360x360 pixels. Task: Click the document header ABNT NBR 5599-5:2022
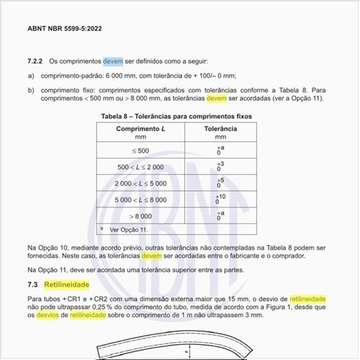[x=64, y=29]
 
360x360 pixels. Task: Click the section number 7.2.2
[x=37, y=62]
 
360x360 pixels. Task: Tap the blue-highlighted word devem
[x=113, y=62]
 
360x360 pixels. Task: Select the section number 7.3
[x=32, y=285]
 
